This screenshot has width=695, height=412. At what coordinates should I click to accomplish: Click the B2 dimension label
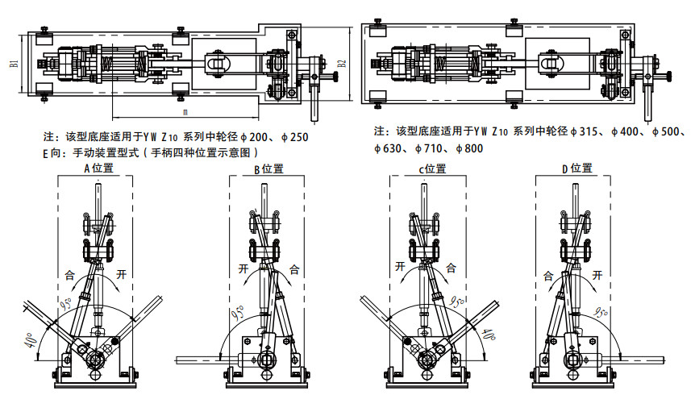(x=342, y=62)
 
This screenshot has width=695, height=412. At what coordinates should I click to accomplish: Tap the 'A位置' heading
(x=98, y=169)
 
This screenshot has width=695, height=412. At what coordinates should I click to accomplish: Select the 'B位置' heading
(x=268, y=169)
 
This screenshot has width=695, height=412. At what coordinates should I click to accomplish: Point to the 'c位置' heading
(x=431, y=169)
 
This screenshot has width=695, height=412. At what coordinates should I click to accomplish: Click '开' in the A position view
(x=122, y=273)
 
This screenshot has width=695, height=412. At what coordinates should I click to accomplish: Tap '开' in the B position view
(x=243, y=268)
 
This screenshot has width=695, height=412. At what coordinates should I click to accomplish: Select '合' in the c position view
(x=452, y=268)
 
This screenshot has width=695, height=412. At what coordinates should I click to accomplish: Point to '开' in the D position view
(x=597, y=275)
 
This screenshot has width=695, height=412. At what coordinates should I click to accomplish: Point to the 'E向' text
(x=52, y=152)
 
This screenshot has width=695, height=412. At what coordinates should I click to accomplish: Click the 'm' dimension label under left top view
(x=185, y=111)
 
